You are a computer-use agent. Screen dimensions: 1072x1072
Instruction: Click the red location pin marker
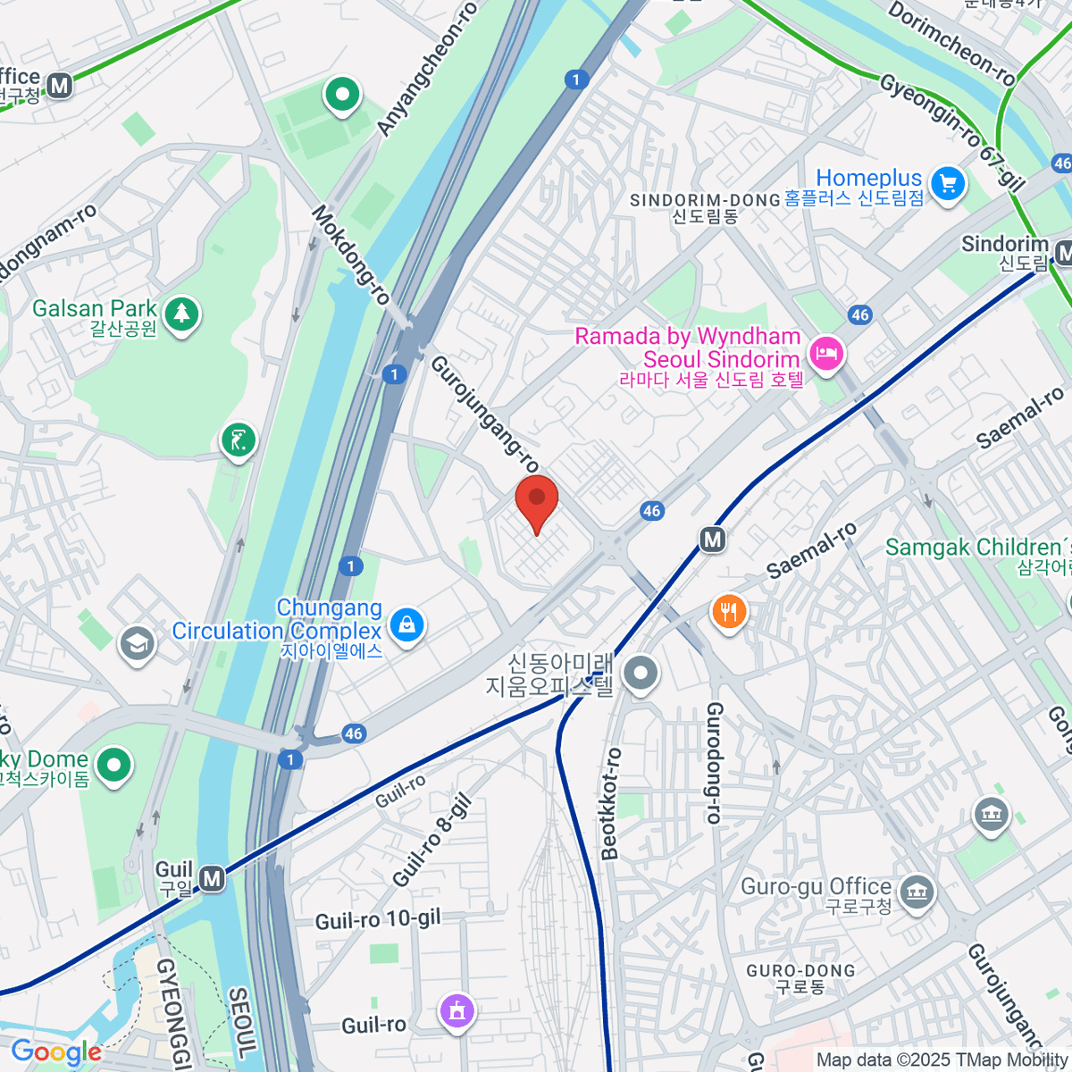[x=537, y=501]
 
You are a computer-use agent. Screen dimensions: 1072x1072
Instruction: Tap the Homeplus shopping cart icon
[x=948, y=184]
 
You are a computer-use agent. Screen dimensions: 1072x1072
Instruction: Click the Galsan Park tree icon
[x=182, y=314]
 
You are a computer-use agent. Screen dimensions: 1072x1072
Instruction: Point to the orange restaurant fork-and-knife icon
[x=729, y=612]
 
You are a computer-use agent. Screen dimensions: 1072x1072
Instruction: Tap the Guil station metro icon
[x=212, y=879]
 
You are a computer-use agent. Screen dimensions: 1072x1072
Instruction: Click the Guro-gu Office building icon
[x=917, y=892]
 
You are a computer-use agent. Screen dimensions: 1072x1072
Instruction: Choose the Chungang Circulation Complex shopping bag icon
[x=407, y=624]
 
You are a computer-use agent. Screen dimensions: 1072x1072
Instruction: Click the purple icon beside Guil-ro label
[x=457, y=1011]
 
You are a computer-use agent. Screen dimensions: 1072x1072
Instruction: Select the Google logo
[x=56, y=1052]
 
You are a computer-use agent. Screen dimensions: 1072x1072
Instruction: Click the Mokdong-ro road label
[x=350, y=255]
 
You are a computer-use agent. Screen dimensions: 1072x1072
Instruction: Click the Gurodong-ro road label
[x=714, y=762]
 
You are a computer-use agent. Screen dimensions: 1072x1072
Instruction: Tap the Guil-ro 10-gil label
[x=378, y=920]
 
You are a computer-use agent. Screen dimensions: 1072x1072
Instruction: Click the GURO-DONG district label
[x=800, y=971]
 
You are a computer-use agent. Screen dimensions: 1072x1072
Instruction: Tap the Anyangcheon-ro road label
[x=427, y=70]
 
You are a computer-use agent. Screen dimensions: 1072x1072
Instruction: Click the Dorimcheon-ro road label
[x=952, y=43]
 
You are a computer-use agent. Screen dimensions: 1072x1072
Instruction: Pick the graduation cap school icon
[x=137, y=643]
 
